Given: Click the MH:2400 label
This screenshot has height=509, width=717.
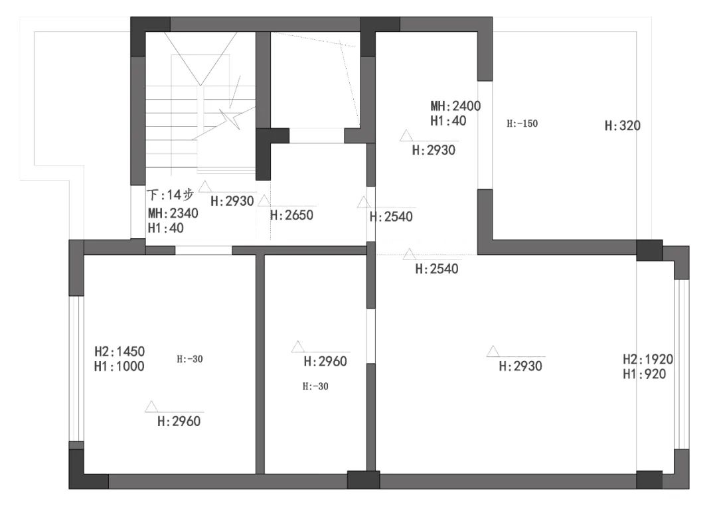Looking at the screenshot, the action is tap(455, 106).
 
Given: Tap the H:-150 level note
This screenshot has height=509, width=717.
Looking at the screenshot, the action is tap(522, 123).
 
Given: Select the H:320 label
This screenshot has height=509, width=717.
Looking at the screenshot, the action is tap(622, 125).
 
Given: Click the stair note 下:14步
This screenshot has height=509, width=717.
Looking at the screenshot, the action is tap(171, 195).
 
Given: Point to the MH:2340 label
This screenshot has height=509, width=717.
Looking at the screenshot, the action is tap(173, 214).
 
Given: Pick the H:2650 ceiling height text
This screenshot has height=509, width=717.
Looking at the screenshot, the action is tap(291, 215).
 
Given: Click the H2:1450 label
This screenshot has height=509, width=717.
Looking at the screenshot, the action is tap(119, 351).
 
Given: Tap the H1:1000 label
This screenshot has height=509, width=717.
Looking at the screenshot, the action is tap(119, 366).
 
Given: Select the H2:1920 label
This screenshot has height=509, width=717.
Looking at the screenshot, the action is tap(648, 359).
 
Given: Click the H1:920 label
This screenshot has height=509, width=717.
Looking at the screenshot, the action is tap(644, 374).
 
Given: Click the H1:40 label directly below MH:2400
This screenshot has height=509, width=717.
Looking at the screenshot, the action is tap(448, 121).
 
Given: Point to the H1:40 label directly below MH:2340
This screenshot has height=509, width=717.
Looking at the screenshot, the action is tap(165, 228).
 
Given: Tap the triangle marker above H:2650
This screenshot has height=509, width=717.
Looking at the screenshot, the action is tap(264, 200).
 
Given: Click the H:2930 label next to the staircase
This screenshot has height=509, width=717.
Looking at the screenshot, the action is tap(232, 201).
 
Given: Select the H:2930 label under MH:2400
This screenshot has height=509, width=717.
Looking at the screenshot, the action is tap(434, 151).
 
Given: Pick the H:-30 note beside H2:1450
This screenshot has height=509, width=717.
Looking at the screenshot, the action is tap(190, 359).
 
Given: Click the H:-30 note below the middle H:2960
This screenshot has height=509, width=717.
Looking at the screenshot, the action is tap(315, 386).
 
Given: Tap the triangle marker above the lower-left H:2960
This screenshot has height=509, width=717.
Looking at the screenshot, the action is tap(151, 407).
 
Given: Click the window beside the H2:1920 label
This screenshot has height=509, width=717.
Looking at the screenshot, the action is tap(681, 364).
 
